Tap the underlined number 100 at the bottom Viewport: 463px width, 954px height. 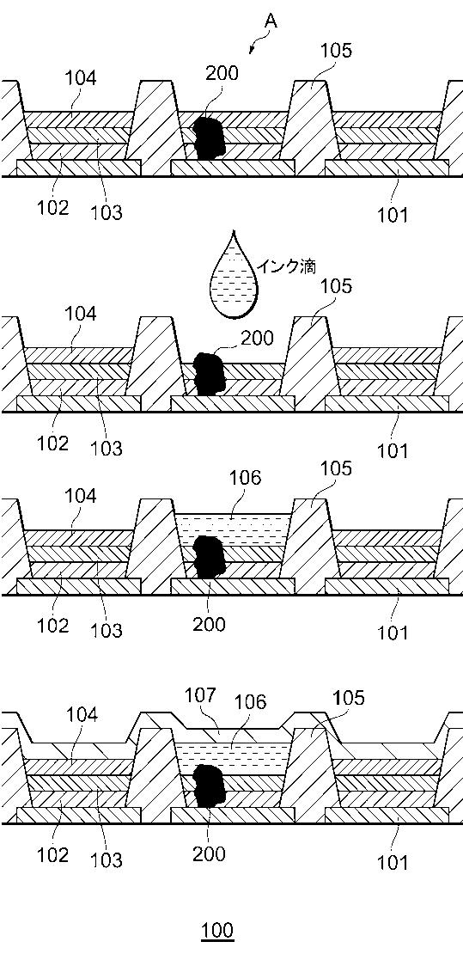[x=218, y=930]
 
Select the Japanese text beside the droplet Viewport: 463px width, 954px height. [x=287, y=266]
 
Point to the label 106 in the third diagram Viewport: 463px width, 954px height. [x=245, y=478]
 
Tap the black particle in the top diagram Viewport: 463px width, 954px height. [x=208, y=138]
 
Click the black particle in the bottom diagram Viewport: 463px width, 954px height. [x=210, y=786]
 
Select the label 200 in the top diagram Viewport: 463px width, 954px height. [x=222, y=73]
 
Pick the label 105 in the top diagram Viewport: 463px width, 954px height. [x=336, y=50]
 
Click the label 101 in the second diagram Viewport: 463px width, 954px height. [x=393, y=451]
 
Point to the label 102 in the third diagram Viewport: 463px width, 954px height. [x=53, y=625]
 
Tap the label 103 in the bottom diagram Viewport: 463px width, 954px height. [x=107, y=859]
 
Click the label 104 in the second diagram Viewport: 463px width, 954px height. [x=81, y=314]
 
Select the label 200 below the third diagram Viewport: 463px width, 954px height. [x=209, y=624]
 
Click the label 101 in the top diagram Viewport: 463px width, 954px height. [x=393, y=215]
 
